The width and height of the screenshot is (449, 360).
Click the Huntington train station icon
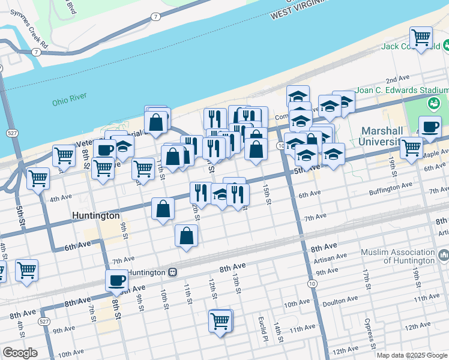[x=172, y=272]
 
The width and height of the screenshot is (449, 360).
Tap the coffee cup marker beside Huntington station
[x=116, y=280]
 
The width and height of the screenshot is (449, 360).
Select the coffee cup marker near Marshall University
[x=430, y=127]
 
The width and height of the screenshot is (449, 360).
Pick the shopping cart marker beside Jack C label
[x=421, y=38]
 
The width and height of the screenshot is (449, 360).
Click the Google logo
[x=20, y=353]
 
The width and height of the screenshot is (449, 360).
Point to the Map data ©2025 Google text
[x=412, y=355]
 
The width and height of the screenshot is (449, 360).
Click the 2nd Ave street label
[x=397, y=80]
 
